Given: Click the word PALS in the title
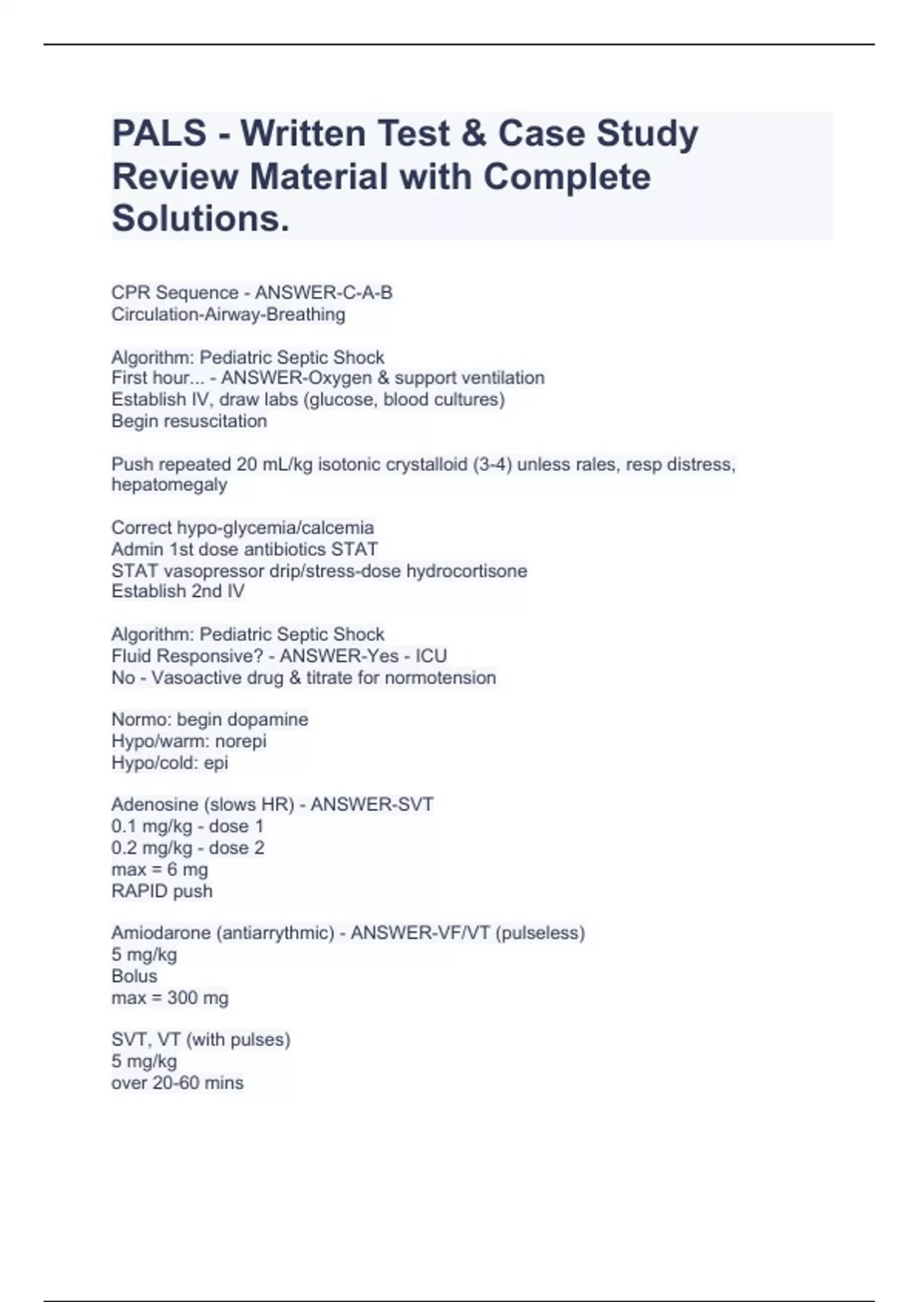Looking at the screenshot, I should pyautogui.click(x=159, y=133).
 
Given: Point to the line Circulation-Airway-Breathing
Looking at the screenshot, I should pyautogui.click(x=228, y=314).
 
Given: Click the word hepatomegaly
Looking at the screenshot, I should pyautogui.click(x=169, y=485).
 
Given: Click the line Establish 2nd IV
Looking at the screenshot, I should pyautogui.click(x=178, y=591).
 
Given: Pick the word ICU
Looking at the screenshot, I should pyautogui.click(x=431, y=656).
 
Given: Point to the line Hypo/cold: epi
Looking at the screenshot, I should pyautogui.click(x=169, y=762).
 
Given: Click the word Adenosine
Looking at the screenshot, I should pyautogui.click(x=149, y=804).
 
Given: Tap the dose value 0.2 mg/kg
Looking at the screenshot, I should pyautogui.click(x=152, y=848).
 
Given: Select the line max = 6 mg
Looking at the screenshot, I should pyautogui.click(x=159, y=869).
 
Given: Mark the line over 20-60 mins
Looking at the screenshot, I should pyautogui.click(x=177, y=1082).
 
